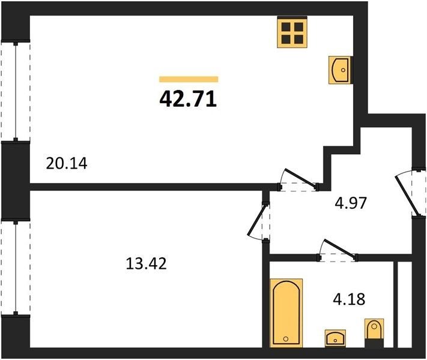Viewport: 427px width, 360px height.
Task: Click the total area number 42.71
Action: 188,99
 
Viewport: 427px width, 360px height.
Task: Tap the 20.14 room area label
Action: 67,164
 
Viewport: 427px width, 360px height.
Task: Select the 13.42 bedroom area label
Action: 146,263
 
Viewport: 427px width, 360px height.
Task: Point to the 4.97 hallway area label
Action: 351,203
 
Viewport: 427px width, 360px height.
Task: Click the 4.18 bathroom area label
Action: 349,299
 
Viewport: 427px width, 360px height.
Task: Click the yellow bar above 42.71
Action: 189,79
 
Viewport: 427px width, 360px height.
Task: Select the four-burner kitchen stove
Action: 292,32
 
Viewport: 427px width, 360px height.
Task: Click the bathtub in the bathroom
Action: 286,313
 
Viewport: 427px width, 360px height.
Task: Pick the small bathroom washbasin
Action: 335,338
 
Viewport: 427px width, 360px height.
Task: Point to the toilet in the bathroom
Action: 374,333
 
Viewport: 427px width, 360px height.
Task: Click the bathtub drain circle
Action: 286,339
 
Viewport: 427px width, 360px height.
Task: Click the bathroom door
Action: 337,248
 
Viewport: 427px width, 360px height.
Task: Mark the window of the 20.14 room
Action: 16,91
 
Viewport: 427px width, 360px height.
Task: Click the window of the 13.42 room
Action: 16,268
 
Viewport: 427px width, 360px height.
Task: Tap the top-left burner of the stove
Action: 286,27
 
